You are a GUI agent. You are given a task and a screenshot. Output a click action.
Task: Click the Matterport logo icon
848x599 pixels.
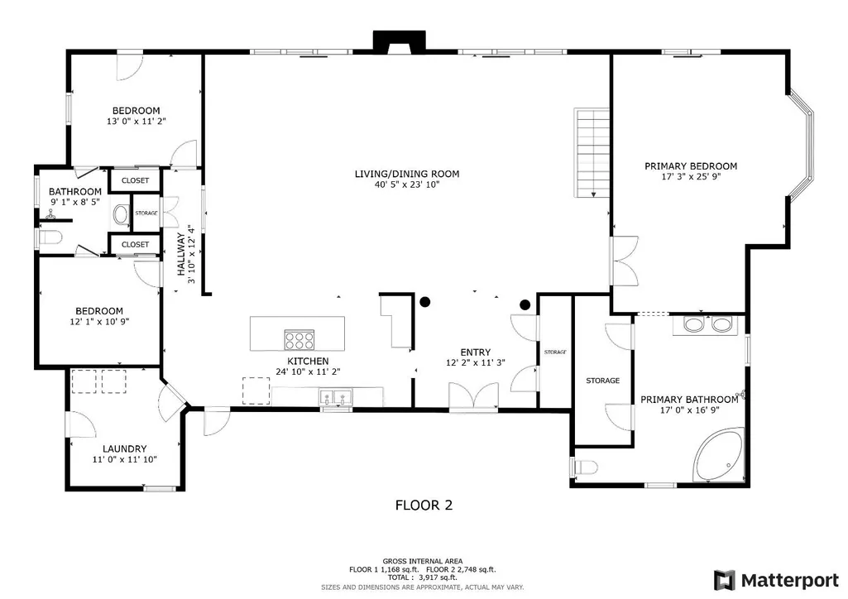tap(725, 581)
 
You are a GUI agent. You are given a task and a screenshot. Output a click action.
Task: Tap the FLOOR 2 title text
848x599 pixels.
tap(424, 506)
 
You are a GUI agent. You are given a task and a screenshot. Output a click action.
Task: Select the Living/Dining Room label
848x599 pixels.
tap(407, 174)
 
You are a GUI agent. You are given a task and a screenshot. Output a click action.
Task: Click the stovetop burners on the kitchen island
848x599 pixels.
tap(299, 339)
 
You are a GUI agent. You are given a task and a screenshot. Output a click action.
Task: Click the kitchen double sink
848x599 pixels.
tap(336, 397)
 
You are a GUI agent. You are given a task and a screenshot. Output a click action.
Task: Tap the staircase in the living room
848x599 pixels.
tap(592, 153)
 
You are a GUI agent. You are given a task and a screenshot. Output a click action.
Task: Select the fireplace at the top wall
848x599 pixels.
tap(399, 42)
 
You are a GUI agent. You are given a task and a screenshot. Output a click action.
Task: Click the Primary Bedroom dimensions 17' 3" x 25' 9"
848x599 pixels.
tap(691, 177)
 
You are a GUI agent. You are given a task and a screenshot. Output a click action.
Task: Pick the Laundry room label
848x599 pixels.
tap(125, 449)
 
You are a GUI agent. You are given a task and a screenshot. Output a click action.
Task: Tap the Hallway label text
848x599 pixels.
tap(181, 254)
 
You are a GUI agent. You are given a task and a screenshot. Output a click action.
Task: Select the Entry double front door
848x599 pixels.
tap(474, 396)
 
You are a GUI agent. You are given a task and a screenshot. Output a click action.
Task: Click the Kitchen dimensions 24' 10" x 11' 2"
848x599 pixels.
tap(308, 372)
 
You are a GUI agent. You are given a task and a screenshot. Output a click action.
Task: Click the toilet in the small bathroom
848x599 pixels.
tap(49, 238)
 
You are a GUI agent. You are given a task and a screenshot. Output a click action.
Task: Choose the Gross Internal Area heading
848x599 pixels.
tap(423, 561)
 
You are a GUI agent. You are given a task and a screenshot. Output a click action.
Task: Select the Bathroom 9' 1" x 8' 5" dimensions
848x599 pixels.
tap(75, 202)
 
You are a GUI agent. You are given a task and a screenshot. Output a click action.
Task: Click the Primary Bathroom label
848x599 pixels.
tap(689, 400)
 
